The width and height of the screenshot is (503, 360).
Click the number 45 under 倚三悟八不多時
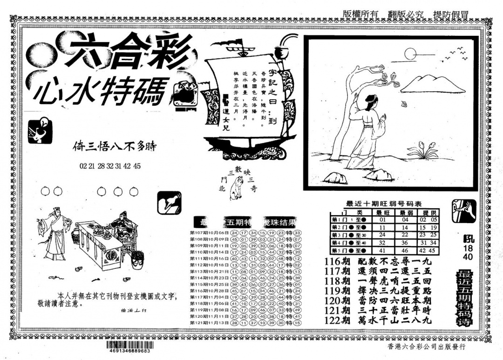click(x=137, y=166)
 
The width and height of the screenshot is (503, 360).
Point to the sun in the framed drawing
click(x=410, y=54)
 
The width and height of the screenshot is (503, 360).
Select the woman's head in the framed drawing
click(x=370, y=100)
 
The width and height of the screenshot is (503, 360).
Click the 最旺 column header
click(x=382, y=212)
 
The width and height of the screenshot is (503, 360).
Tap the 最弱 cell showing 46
click(x=405, y=251)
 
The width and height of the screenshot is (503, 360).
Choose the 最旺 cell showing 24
click(x=382, y=235)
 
